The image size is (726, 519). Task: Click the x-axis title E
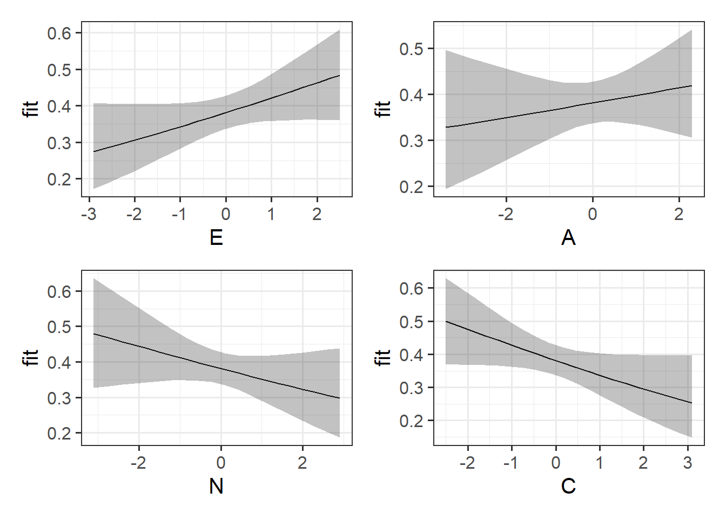[x=216, y=237]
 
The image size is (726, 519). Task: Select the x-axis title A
[x=568, y=237]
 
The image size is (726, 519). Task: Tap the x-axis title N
[x=216, y=486]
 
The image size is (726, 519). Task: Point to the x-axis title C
[x=568, y=486]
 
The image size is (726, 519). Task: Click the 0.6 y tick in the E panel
[x=59, y=34]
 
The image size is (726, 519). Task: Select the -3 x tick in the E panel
[x=89, y=214]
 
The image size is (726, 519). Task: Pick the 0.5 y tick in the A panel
[x=411, y=49]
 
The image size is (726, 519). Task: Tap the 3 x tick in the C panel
[x=687, y=463]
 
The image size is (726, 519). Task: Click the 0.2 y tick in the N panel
[x=59, y=434]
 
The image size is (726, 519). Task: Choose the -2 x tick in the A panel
[x=506, y=214]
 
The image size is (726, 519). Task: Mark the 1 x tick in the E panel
[x=271, y=214]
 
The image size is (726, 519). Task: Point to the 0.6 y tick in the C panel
[x=411, y=289]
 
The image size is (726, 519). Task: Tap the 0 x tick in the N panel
[x=220, y=463]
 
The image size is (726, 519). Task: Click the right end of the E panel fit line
[x=339, y=76]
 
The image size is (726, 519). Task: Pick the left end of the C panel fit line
[x=446, y=322]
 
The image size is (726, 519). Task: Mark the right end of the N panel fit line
[x=339, y=398]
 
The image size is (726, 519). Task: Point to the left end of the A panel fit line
[x=446, y=127]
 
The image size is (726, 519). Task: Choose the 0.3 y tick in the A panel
[x=411, y=141]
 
